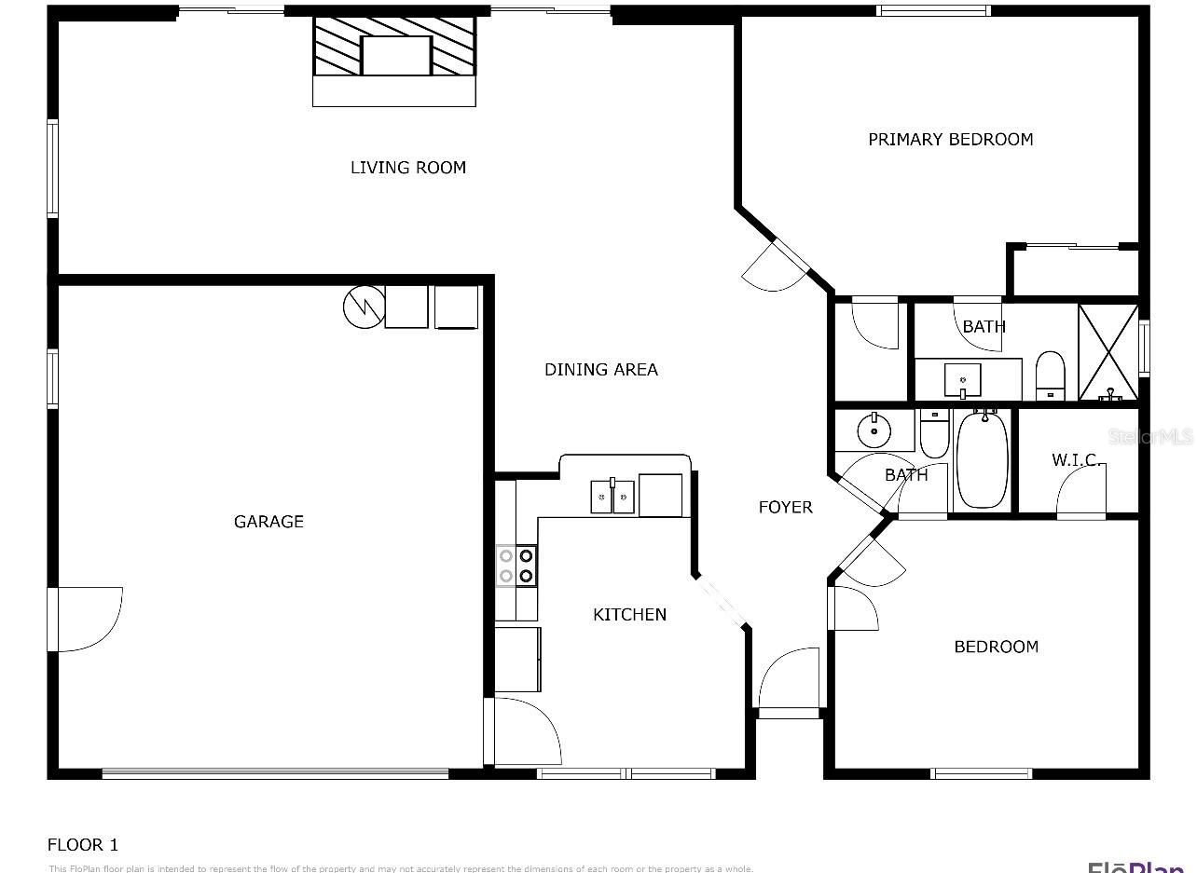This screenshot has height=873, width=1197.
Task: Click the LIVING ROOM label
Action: [407, 168]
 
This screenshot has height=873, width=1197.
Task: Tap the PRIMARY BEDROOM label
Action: [950, 140]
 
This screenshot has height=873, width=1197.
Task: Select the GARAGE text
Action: [268, 522]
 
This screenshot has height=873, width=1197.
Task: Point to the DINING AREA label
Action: [600, 370]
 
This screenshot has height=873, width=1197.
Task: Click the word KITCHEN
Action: [629, 615]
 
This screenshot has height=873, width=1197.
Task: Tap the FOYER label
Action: [785, 508]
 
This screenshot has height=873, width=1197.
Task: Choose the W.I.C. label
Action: [1077, 460]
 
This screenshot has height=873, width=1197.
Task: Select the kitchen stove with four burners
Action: [516, 566]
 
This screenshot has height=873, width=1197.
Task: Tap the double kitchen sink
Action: [612, 497]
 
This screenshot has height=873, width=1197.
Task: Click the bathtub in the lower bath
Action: [982, 459]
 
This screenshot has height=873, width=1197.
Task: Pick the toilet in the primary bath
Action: [1051, 375]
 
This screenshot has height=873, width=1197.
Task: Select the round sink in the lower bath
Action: [874, 430]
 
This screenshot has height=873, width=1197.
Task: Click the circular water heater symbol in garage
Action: [363, 307]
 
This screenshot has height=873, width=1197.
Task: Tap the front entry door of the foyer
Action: [789, 685]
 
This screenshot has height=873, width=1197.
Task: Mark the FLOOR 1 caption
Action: [83, 845]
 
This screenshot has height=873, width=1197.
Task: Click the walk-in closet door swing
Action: [1081, 490]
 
